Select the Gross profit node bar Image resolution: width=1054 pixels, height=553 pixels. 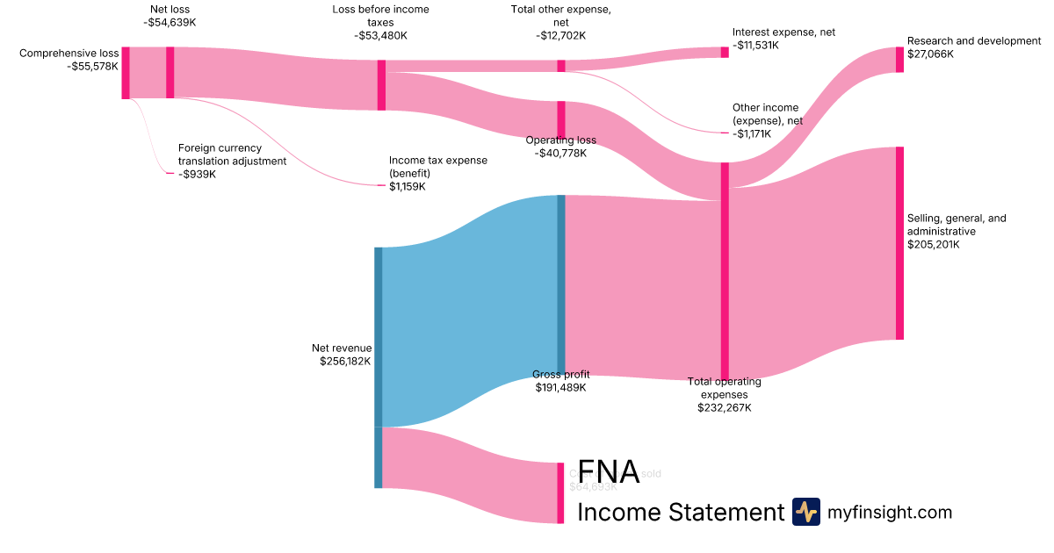[x=561, y=284]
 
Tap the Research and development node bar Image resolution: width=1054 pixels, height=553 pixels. [x=899, y=60]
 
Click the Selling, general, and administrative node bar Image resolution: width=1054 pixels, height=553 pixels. [x=899, y=243]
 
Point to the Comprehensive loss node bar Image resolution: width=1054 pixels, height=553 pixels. [x=126, y=73]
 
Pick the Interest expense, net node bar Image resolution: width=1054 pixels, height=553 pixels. [x=725, y=52]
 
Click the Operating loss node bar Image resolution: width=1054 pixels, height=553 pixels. [x=561, y=120]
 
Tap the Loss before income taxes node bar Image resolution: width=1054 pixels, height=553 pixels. [x=381, y=85]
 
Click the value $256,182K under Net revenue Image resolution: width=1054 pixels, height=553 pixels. [x=345, y=361]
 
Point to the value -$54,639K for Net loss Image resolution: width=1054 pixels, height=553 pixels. [x=170, y=23]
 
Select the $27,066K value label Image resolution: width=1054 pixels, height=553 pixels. [x=930, y=54]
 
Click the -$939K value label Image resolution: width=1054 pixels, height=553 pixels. [x=197, y=174]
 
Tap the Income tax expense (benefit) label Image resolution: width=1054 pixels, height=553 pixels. [x=437, y=167]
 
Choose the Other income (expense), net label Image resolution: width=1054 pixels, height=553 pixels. [x=766, y=114]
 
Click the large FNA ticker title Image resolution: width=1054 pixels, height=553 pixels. [x=608, y=472]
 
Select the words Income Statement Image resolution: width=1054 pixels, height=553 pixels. [x=680, y=513]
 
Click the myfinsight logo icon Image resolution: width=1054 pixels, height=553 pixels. [x=805, y=512]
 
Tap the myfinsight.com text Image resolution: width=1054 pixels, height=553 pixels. [x=890, y=513]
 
